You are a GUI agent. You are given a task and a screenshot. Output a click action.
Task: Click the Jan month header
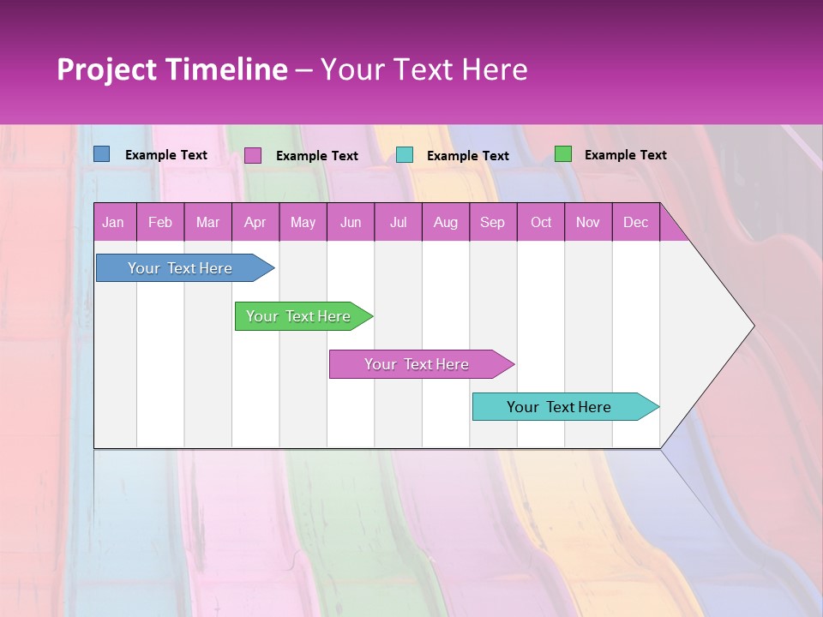(x=113, y=223)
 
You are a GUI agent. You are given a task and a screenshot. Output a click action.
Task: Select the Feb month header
(x=160, y=223)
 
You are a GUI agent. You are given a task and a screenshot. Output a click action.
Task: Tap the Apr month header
(x=255, y=223)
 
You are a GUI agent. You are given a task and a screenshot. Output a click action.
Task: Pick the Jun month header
(x=351, y=223)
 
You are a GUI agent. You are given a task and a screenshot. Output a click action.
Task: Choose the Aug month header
(x=445, y=223)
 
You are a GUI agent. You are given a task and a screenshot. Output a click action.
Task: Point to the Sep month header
(x=492, y=223)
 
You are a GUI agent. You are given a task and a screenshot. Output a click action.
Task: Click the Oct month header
(x=541, y=223)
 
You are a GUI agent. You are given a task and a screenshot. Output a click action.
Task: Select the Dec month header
(x=635, y=223)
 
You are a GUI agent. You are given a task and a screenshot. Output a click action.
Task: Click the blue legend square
(x=101, y=154)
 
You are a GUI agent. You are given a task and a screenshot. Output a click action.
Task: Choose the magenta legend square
(x=253, y=155)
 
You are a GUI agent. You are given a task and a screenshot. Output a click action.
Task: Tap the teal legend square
(x=405, y=155)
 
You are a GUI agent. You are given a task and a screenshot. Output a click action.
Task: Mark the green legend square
(x=563, y=154)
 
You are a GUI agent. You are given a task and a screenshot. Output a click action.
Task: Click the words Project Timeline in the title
(x=172, y=69)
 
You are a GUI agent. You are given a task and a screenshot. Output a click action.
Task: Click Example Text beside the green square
(x=625, y=155)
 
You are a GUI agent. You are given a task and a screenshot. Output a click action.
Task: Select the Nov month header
(x=588, y=223)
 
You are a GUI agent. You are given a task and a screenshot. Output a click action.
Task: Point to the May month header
(x=303, y=223)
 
